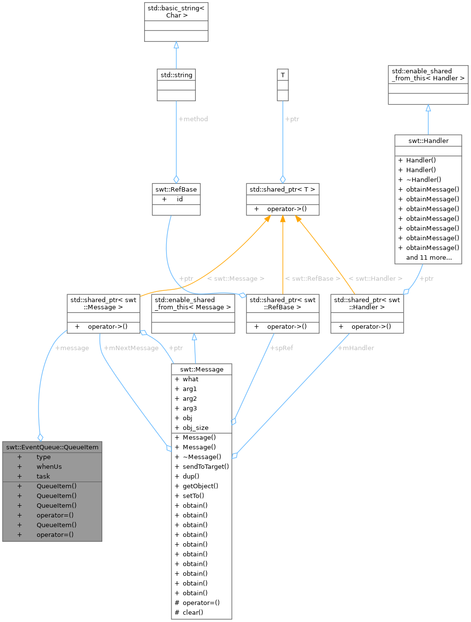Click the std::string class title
point(176,75)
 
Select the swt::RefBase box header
point(176,189)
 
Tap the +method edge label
point(193,119)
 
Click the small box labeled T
point(283,75)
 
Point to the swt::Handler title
point(428,141)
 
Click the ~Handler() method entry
point(423,179)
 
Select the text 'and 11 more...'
point(429,257)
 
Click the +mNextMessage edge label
point(131,348)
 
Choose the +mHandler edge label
point(356,348)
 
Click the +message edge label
point(72,348)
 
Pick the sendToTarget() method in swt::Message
point(206,466)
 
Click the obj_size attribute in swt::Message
point(195,427)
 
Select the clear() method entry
point(193,612)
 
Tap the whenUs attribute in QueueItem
point(49,466)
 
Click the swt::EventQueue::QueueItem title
point(52,447)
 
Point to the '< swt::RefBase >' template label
point(313,279)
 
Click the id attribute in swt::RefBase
point(180,199)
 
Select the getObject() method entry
point(200,486)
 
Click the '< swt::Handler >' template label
point(376,279)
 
